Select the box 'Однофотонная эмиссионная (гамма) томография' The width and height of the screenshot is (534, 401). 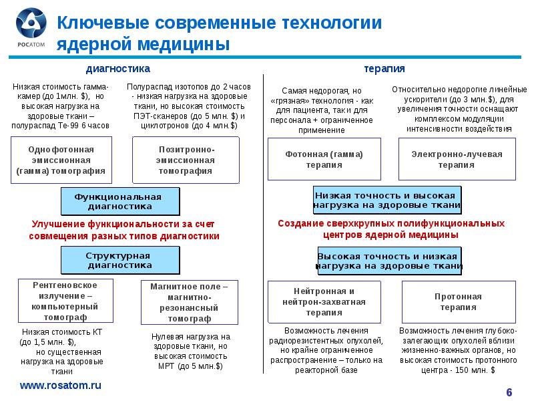click(x=61, y=160)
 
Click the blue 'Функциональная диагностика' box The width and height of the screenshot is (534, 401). click(x=120, y=201)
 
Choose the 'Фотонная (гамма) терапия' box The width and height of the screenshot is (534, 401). click(x=324, y=159)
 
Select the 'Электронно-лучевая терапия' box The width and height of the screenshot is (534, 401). click(x=457, y=159)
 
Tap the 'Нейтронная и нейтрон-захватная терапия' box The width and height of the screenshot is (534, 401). click(x=324, y=301)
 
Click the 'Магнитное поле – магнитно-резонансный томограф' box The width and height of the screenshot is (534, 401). click(x=189, y=302)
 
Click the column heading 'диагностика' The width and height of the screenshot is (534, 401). click(x=119, y=69)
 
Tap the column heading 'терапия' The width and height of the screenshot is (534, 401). click(x=384, y=69)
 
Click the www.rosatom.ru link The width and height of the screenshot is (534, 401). click(x=59, y=386)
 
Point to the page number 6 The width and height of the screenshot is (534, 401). click(x=509, y=391)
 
